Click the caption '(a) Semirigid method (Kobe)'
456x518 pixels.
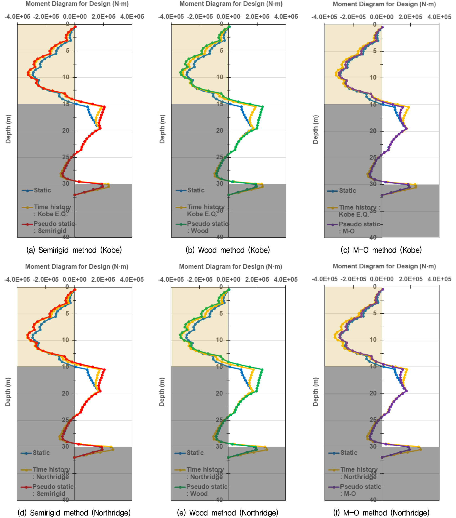point(74,250)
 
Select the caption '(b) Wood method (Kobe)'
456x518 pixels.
point(228,250)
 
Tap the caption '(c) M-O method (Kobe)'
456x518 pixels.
point(381,250)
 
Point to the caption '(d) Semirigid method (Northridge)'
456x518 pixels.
point(74,512)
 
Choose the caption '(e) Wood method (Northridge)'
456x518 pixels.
point(228,512)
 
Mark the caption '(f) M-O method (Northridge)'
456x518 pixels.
point(381,512)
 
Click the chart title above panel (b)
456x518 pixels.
point(231,4)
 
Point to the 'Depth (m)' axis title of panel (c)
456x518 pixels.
point(315,129)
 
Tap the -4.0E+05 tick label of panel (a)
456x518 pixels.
point(17,17)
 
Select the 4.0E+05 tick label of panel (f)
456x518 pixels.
point(439,279)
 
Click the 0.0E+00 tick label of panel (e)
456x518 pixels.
point(228,279)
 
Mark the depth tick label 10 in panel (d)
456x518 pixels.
point(65,340)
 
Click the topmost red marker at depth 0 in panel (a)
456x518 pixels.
point(75,27)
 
